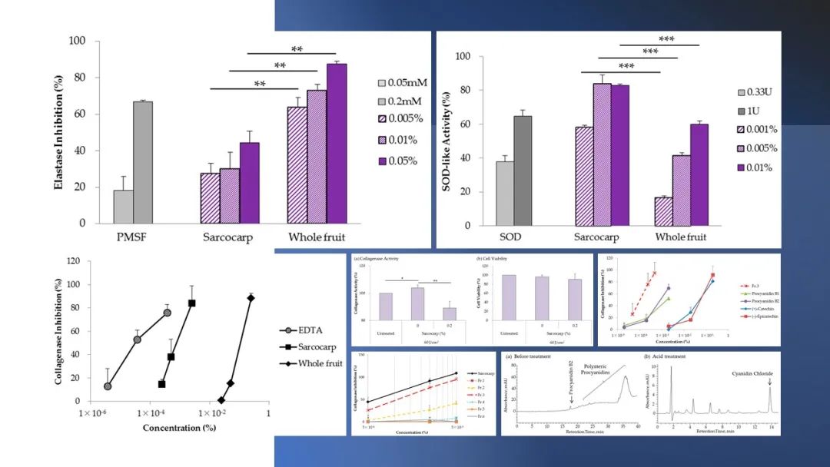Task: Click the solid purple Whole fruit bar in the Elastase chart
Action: click(337, 144)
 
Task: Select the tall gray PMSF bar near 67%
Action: click(142, 162)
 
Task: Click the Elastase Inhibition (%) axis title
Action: click(59, 131)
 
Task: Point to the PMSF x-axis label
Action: click(132, 237)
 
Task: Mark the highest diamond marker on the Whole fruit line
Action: click(251, 298)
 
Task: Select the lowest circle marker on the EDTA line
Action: click(108, 386)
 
